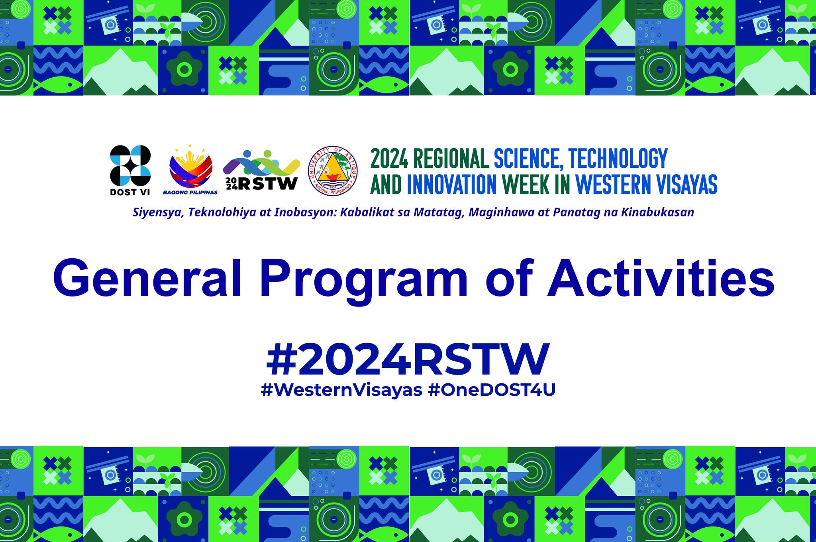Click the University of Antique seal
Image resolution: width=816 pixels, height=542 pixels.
click(x=333, y=170)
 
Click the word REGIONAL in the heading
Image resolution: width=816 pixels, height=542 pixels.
click(x=450, y=158)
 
